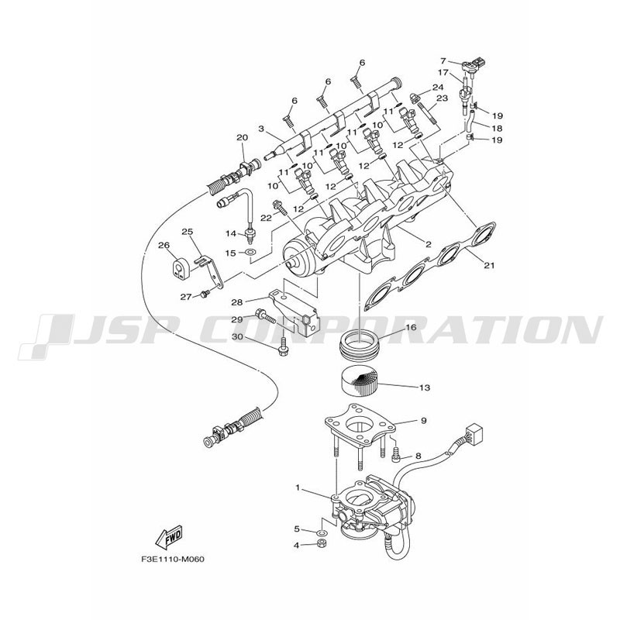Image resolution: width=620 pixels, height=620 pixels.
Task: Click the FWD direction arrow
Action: click(168, 537)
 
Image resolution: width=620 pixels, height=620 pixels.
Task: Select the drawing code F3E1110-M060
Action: click(173, 560)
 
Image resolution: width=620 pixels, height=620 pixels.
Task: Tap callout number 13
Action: click(425, 387)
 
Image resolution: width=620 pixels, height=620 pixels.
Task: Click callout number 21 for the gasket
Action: click(490, 266)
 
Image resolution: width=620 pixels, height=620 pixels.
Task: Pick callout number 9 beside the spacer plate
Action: click(423, 421)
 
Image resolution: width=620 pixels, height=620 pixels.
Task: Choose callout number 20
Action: click(242, 138)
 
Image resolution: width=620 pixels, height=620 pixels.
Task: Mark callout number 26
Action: click(164, 246)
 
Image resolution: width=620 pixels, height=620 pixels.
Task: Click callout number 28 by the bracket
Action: click(237, 302)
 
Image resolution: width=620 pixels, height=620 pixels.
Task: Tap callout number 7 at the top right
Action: click(443, 61)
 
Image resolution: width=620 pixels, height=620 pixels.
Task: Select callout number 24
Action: click(438, 87)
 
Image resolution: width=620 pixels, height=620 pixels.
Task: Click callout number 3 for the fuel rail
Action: click(261, 129)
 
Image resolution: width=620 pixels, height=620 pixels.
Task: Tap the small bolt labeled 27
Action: click(205, 294)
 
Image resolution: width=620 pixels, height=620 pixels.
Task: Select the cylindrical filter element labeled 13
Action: click(359, 382)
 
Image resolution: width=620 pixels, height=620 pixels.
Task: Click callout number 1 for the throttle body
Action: click(298, 488)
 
